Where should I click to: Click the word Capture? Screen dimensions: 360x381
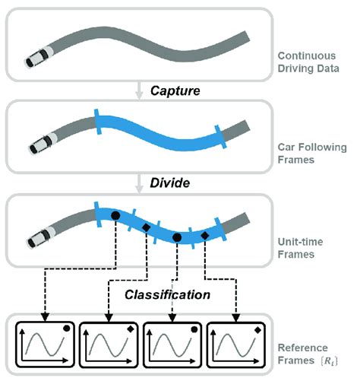175,91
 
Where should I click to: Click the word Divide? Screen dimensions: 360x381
170,183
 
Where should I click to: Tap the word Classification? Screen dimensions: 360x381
167,295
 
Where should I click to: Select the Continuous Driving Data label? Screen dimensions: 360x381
308,62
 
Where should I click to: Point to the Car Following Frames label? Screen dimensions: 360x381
312,154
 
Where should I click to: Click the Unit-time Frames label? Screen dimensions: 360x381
300,248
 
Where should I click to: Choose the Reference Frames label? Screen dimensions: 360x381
308,354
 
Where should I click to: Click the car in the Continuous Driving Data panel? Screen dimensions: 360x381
39,57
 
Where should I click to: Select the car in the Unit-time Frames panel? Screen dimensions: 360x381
42,237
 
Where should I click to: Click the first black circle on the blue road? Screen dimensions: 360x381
115,215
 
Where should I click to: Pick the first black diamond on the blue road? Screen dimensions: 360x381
146,227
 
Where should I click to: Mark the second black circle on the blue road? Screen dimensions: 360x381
177,237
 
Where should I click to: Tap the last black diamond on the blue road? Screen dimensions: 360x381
205,236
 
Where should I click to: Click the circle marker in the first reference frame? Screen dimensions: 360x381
67,329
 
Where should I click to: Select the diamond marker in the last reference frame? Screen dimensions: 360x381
257,330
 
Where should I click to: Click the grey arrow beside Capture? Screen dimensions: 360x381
138,90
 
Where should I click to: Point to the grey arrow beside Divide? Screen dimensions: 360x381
138,183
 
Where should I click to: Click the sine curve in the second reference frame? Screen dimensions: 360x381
109,345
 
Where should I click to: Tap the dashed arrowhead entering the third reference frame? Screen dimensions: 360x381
172,318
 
